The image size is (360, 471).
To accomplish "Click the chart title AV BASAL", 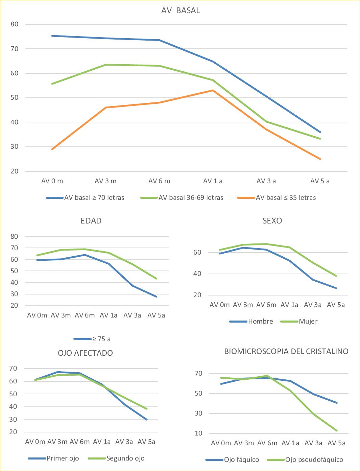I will tap(181, 10).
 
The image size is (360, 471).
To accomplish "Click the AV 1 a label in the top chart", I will tap(213, 181).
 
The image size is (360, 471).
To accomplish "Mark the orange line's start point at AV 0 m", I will tap(52, 149).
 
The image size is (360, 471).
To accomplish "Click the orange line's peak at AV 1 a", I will tap(213, 90).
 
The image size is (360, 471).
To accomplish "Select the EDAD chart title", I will tap(91, 221).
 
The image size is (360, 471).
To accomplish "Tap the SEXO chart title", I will tap(272, 221).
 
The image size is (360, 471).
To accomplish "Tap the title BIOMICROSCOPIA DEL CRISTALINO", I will tap(286, 351).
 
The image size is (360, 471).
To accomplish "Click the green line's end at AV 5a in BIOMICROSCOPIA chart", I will tap(337, 430).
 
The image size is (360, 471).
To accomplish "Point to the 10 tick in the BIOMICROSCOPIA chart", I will tap(198, 433).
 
